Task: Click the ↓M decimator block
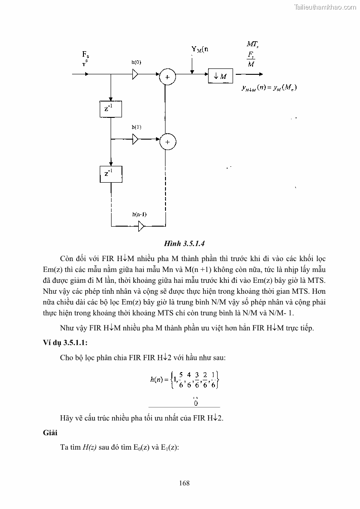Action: (220, 77)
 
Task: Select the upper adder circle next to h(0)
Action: (167, 78)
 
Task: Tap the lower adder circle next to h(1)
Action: (167, 142)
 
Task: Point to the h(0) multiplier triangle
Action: (135, 75)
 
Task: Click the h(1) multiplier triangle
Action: (135, 139)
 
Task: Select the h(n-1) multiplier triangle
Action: (141, 225)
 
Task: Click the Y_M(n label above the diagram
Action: (199, 49)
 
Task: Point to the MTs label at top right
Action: (252, 44)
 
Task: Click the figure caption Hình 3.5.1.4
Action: (180, 243)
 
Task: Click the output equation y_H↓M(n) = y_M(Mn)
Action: (269, 87)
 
